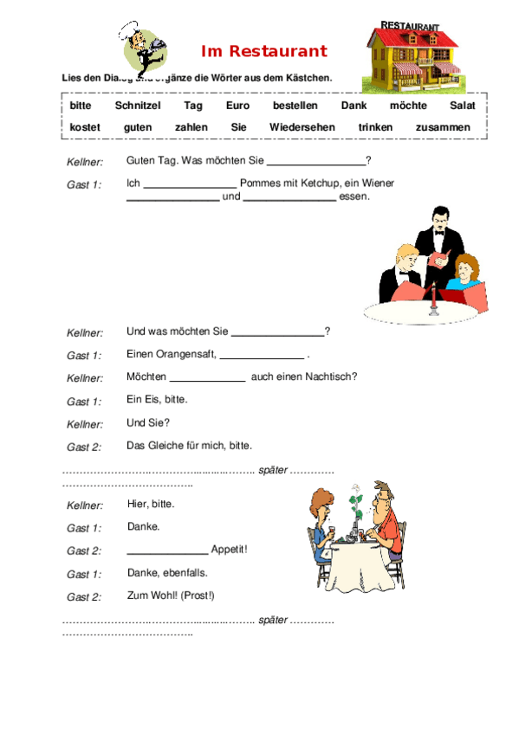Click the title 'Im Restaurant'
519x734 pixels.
coord(264,52)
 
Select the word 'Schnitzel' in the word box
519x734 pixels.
coord(138,106)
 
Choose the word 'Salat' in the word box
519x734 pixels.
coord(463,106)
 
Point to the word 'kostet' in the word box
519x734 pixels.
coord(85,127)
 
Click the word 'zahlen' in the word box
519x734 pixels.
coord(191,127)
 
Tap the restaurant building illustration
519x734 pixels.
coord(413,57)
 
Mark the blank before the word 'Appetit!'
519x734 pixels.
coord(167,550)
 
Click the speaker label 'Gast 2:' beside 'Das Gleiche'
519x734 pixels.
coord(84,447)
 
